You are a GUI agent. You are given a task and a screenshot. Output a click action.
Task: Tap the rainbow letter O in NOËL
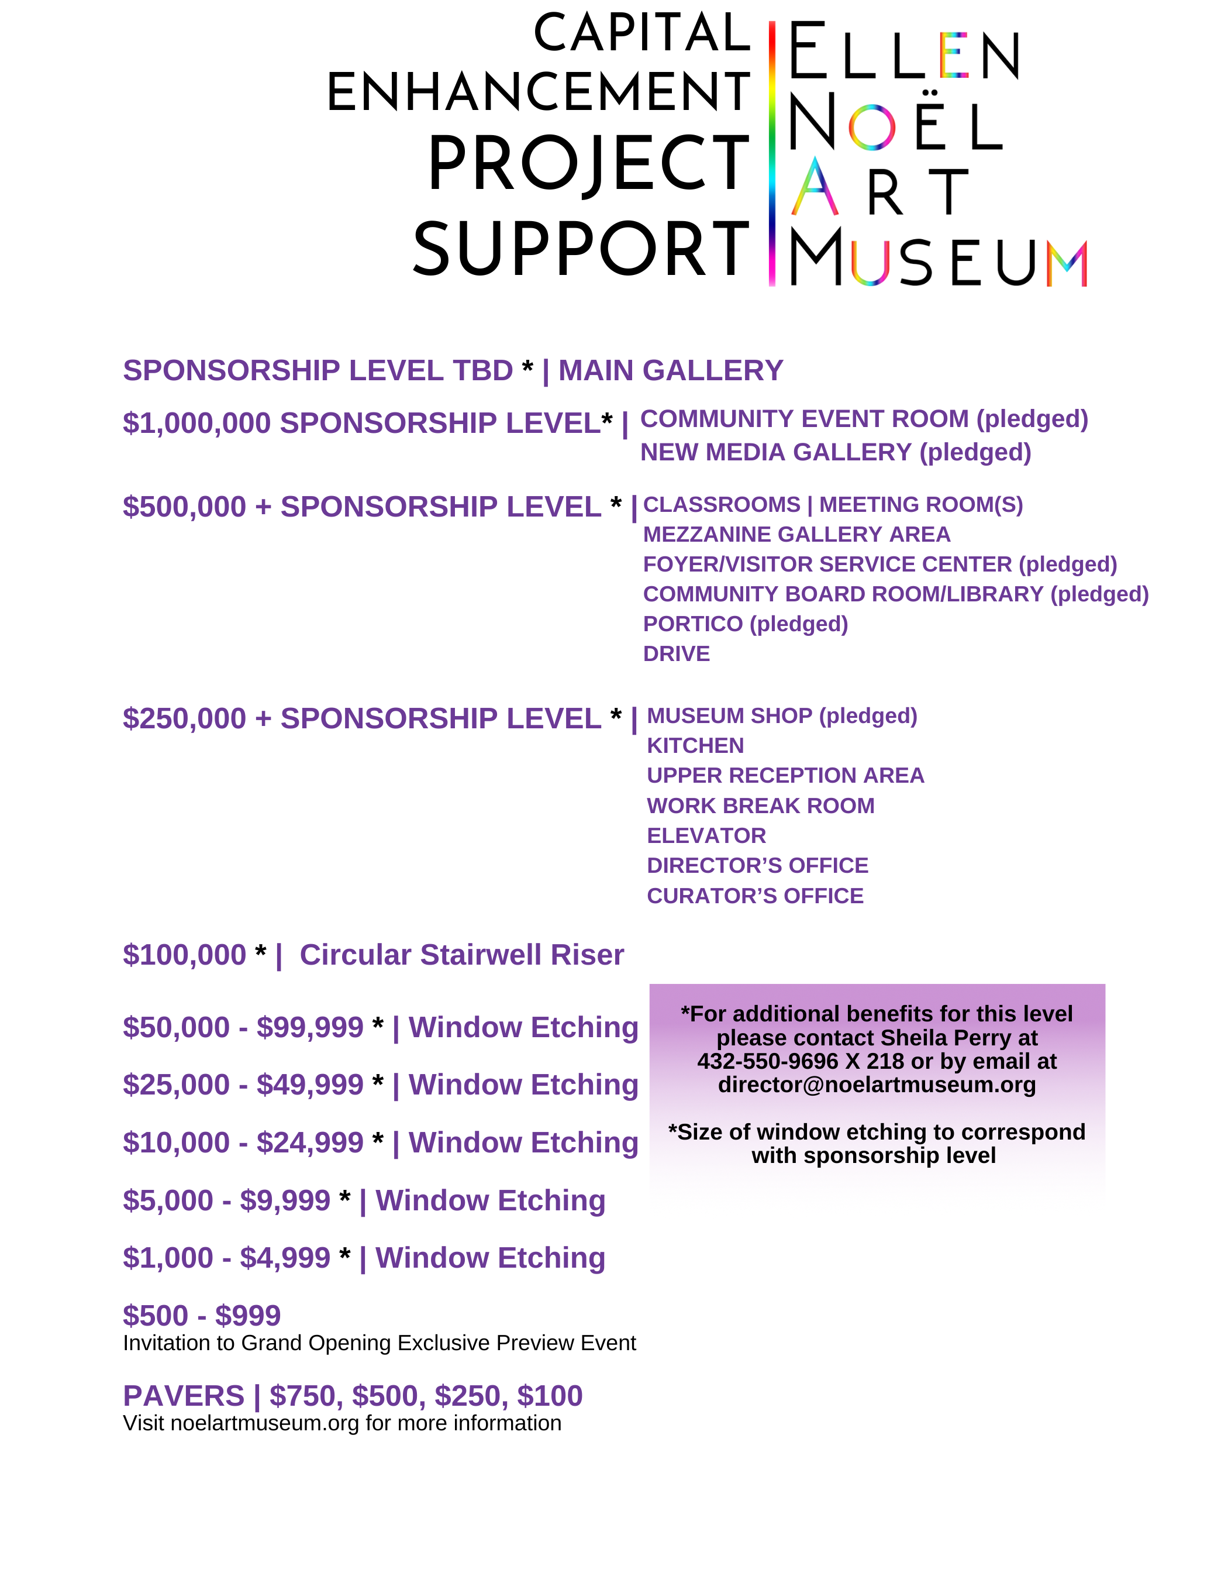coord(871,127)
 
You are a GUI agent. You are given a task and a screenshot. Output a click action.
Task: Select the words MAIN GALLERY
coord(670,370)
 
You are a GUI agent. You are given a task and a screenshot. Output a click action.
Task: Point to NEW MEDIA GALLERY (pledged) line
coord(835,453)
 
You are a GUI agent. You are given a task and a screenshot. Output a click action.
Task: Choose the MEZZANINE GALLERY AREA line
coord(796,534)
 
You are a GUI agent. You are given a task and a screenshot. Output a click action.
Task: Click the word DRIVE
coord(676,654)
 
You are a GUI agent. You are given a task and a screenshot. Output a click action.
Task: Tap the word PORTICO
coord(692,624)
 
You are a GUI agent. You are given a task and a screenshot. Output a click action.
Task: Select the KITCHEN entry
coord(695,745)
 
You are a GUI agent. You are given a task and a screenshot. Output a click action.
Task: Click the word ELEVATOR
coord(706,836)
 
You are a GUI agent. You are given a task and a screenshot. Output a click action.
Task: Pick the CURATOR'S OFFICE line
coord(755,896)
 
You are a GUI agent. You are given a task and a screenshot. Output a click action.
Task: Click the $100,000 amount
coord(185,955)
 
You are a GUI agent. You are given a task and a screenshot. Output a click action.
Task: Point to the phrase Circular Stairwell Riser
coord(461,955)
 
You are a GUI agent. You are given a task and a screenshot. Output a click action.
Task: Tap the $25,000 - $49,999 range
coord(243,1085)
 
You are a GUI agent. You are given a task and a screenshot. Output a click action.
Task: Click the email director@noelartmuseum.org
coord(877,1085)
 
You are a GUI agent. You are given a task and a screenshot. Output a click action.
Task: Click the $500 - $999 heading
coord(202,1316)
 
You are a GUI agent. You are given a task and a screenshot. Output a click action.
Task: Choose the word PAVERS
coord(184,1396)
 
